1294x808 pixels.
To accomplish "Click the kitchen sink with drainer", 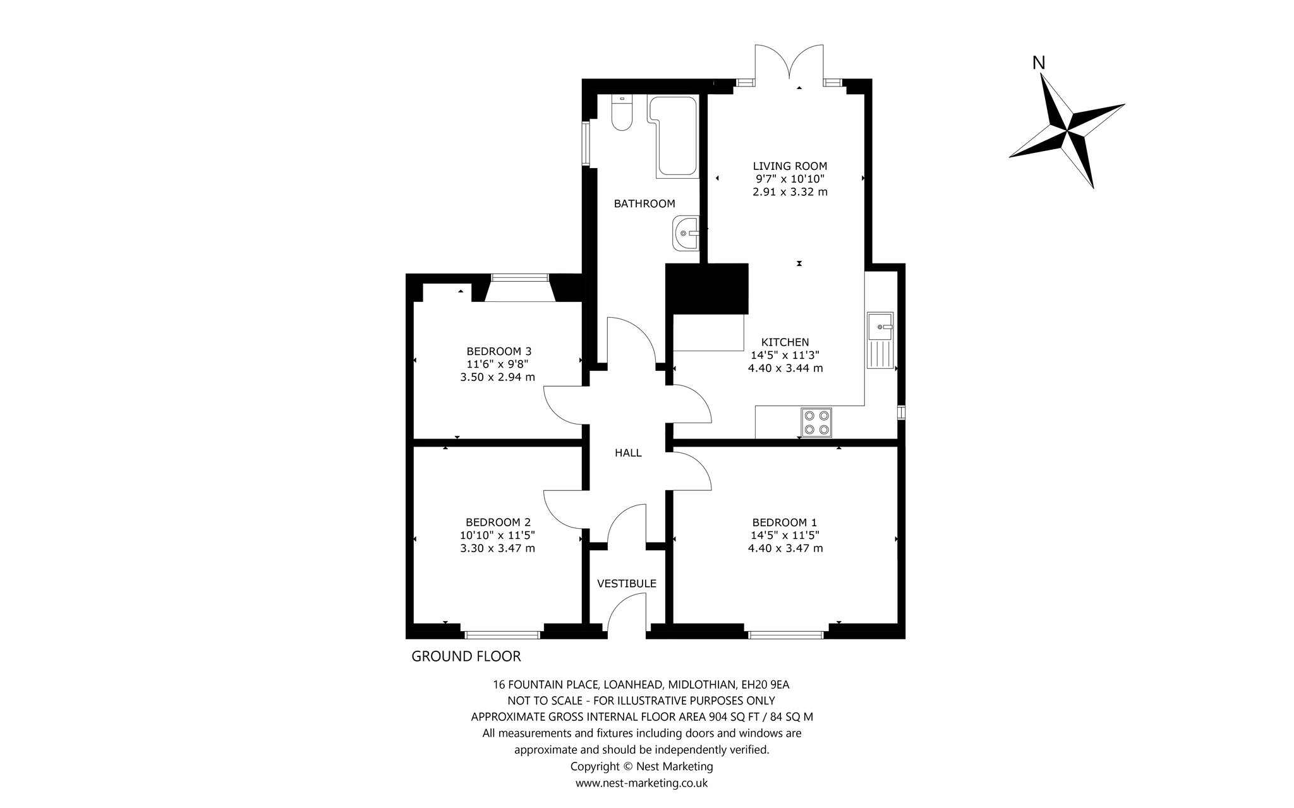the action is point(881,340).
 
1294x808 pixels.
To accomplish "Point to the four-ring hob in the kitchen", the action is point(816,423).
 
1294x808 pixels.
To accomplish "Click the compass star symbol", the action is point(1067,131).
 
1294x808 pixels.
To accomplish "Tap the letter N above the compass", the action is point(1039,63).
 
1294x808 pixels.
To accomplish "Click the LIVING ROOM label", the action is point(790,166).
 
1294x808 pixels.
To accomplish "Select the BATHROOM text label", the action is point(644,203).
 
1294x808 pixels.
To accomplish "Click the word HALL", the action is point(628,452).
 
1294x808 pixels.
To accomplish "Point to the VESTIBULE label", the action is point(627,584).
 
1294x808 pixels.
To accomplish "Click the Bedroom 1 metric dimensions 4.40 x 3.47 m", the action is point(785,548).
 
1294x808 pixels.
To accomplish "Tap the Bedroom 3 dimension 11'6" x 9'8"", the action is point(497,364).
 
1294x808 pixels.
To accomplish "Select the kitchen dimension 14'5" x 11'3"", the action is point(785,355).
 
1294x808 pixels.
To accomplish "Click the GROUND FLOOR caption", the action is point(466,656).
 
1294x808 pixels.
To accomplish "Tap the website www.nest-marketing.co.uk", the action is point(641,783).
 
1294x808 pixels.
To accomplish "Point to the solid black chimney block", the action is point(707,289).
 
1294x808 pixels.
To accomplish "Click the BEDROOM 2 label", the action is point(498,522).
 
